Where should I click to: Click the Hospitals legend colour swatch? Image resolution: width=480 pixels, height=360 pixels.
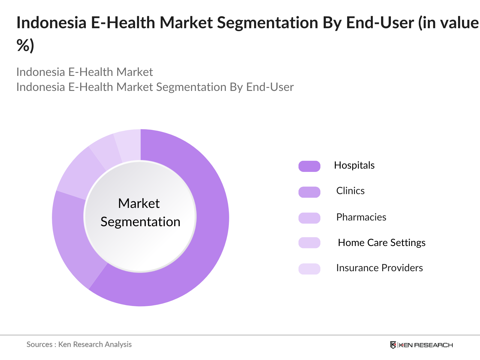(x=309, y=166)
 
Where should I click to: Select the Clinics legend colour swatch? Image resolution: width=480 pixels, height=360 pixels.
(x=309, y=192)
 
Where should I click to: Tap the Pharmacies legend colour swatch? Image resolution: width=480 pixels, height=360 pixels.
(x=309, y=218)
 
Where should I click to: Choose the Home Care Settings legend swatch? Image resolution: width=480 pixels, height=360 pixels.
(x=309, y=243)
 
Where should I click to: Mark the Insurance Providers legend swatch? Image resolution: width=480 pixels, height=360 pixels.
(x=309, y=268)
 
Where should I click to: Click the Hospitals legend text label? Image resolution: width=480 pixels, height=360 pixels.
(x=354, y=165)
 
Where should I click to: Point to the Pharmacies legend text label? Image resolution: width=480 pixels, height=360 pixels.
(x=361, y=217)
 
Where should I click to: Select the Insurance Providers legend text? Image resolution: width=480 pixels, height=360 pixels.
(x=379, y=268)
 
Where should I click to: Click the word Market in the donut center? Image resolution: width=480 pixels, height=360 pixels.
(x=139, y=203)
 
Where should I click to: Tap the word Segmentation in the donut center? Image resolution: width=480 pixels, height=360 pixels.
(x=140, y=222)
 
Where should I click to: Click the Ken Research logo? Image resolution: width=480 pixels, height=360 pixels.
(x=421, y=345)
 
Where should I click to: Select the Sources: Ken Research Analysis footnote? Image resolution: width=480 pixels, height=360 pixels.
(x=79, y=344)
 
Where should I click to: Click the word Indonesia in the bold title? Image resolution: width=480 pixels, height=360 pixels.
(x=51, y=23)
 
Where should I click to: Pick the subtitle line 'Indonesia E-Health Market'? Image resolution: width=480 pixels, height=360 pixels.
(x=85, y=72)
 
